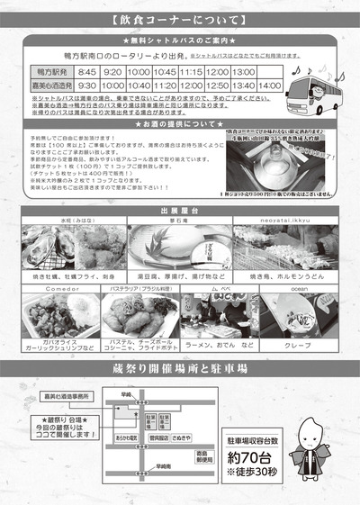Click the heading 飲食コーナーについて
[180, 18]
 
